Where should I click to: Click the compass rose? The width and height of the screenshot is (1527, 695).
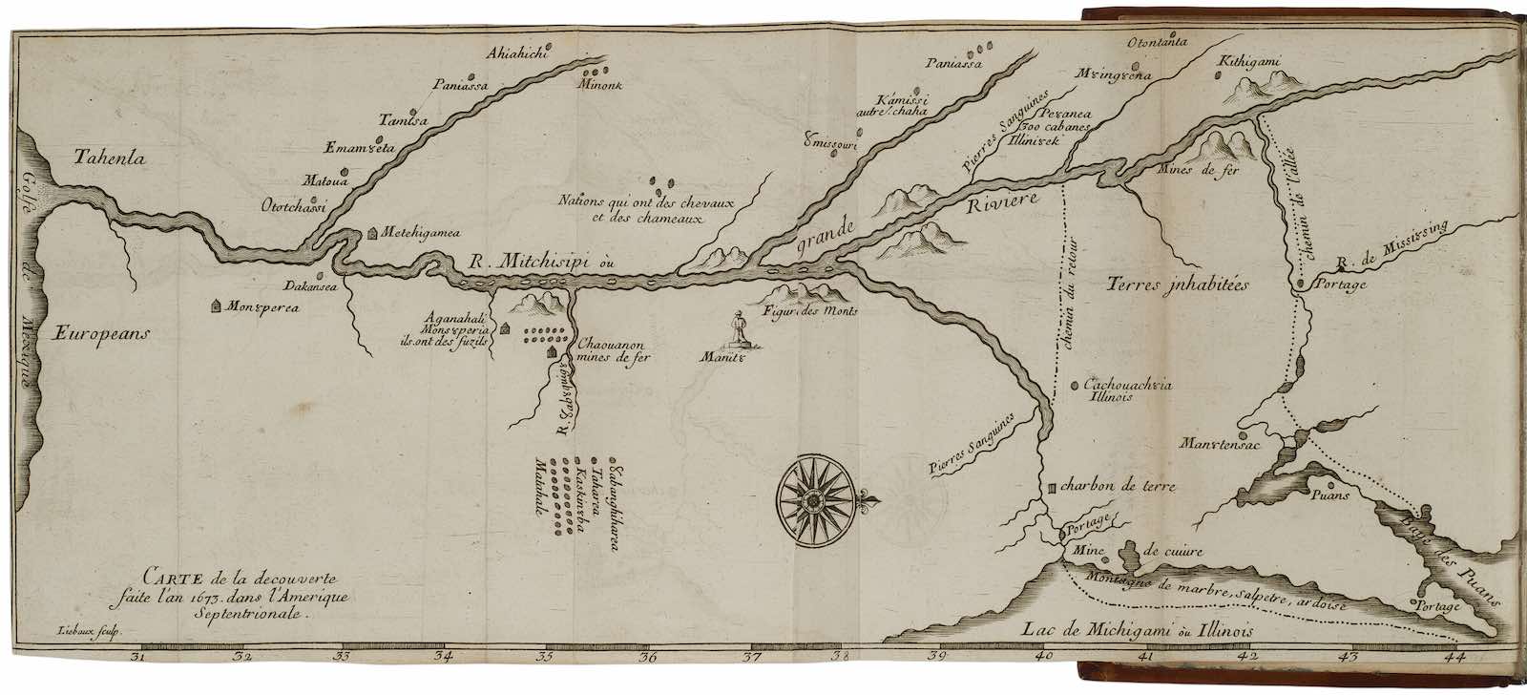tap(812, 497)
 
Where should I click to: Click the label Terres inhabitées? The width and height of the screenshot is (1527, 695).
tap(1180, 284)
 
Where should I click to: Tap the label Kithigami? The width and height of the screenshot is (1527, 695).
tap(1249, 65)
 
